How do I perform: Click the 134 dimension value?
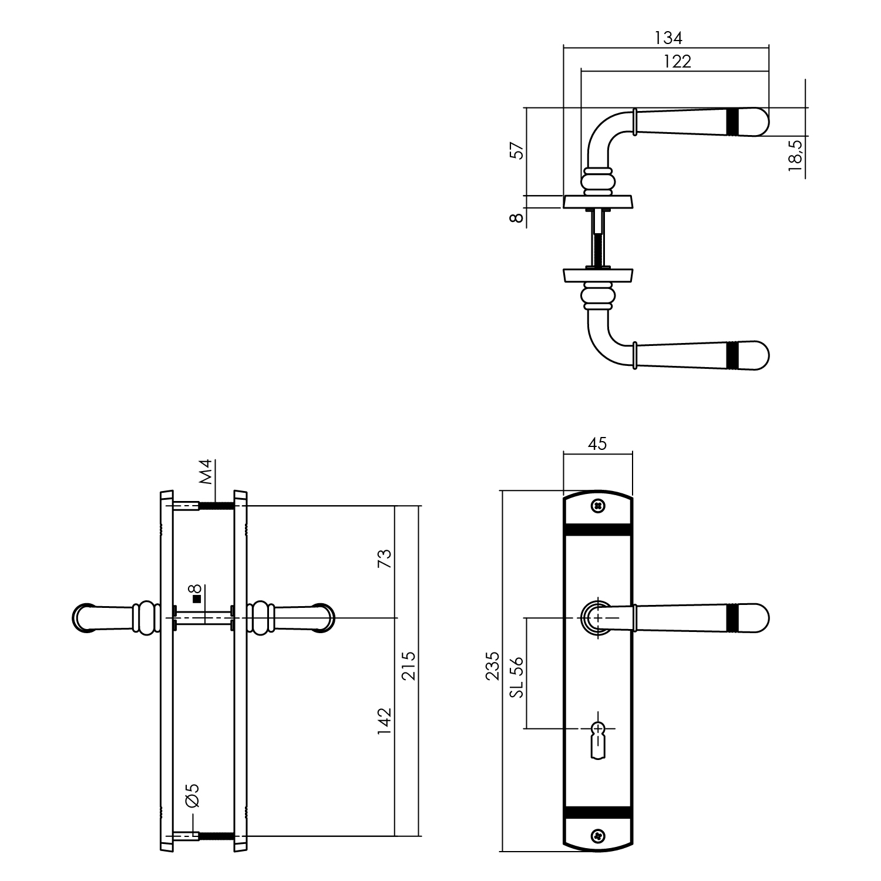(x=668, y=38)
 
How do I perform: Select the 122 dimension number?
(x=677, y=61)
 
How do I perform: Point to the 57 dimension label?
(x=517, y=150)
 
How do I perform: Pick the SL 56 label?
(x=517, y=677)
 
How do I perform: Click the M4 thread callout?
(x=206, y=472)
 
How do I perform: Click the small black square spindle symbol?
(x=197, y=599)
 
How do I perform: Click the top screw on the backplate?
(x=598, y=505)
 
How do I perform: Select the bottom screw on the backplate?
(x=598, y=835)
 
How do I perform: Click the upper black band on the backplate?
(x=598, y=529)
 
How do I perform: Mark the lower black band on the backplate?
(x=598, y=811)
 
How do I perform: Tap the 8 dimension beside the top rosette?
(x=517, y=218)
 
